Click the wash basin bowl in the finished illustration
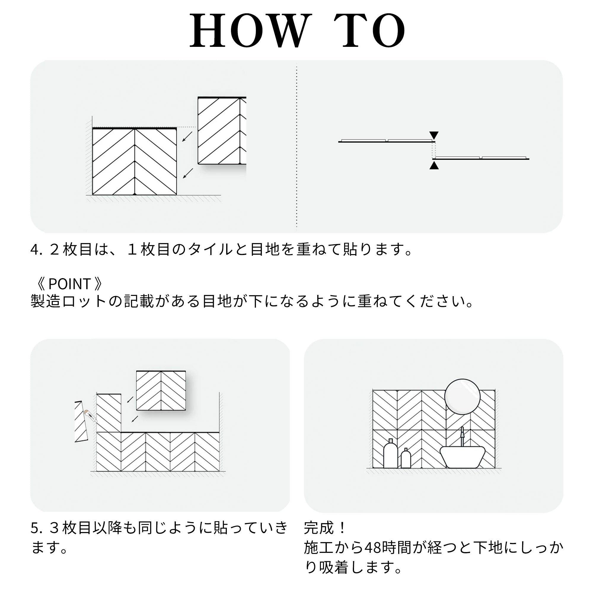point(463,457)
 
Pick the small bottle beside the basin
point(406,458)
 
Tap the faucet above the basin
point(462,436)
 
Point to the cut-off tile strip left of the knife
point(81,421)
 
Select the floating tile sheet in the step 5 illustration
point(161,391)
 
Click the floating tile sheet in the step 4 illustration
point(222,131)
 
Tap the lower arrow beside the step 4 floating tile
point(188,173)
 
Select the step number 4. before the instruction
point(36,250)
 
